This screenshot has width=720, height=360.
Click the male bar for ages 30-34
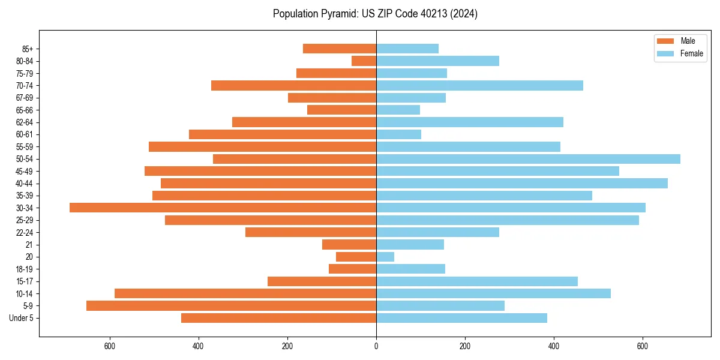click(223, 208)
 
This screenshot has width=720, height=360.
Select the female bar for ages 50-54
click(528, 159)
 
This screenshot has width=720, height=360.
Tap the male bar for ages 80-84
click(364, 61)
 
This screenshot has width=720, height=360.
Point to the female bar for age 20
click(385, 257)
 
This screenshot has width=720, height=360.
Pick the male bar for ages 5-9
click(231, 305)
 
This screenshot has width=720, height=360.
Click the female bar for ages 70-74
click(479, 85)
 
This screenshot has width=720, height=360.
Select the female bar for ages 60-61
click(398, 134)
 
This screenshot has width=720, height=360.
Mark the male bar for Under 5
click(278, 318)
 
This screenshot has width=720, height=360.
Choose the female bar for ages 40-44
click(522, 183)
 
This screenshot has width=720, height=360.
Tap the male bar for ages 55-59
click(262, 146)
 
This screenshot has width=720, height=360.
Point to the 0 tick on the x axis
click(376, 346)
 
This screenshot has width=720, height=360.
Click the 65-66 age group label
click(24, 110)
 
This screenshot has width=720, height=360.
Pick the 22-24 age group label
click(24, 232)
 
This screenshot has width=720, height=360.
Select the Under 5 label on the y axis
click(21, 318)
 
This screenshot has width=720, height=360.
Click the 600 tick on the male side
click(110, 346)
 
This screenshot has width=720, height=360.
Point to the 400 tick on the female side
click(554, 346)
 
